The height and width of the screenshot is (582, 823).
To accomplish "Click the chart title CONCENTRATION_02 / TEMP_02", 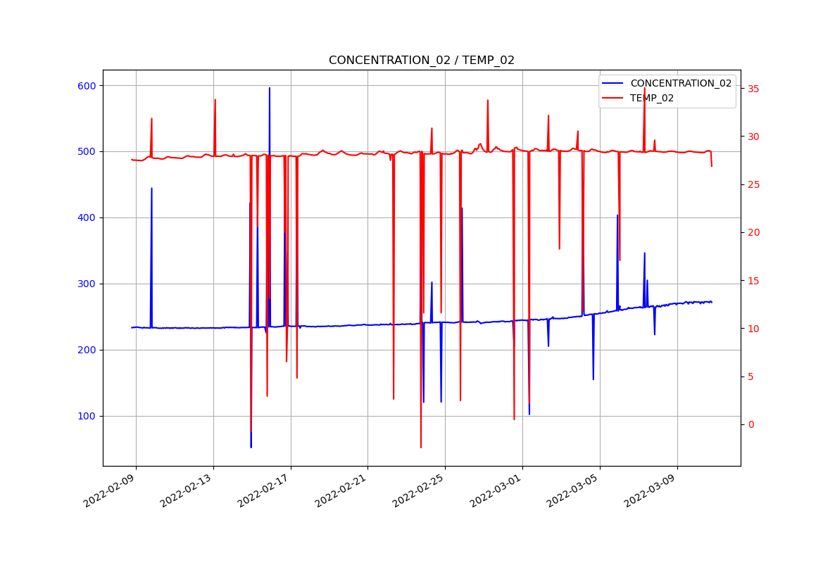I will [421, 61].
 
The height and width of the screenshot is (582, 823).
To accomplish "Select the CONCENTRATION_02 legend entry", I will [680, 84].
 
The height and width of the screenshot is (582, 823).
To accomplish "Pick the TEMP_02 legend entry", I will [651, 99].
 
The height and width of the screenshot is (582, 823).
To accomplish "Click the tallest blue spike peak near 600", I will [269, 89].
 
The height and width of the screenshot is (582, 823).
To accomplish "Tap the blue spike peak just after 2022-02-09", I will [151, 189].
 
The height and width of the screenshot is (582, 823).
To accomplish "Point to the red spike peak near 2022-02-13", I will [215, 100].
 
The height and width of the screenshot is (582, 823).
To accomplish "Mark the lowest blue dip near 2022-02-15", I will [251, 447].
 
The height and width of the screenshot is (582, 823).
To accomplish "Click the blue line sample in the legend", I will [612, 84].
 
